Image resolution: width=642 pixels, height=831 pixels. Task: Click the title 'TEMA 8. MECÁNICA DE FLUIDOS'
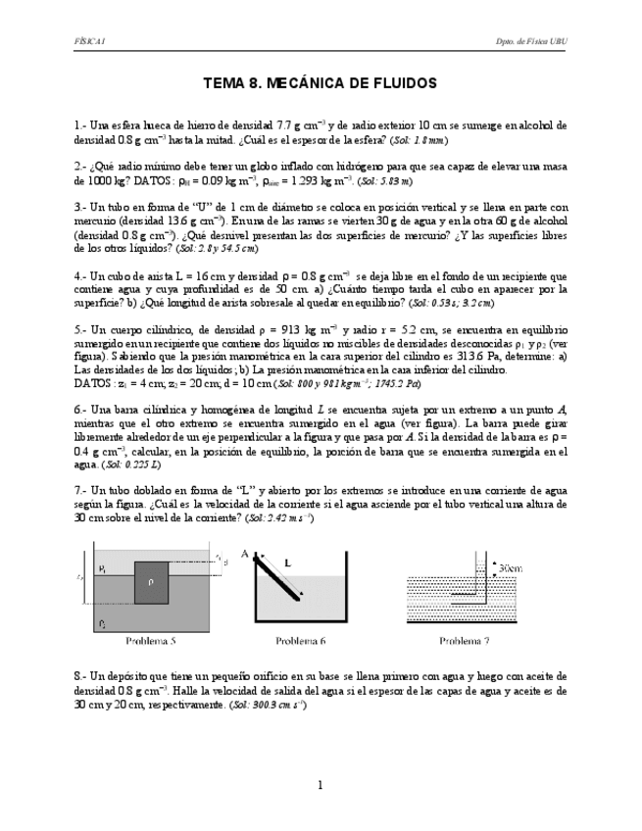click(320, 84)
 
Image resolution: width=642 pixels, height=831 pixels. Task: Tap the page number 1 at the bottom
click(321, 785)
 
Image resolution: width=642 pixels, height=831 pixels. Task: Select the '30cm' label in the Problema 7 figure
click(510, 567)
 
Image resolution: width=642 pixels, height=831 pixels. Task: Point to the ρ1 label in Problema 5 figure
click(103, 567)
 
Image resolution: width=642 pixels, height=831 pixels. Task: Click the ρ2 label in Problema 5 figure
click(103, 622)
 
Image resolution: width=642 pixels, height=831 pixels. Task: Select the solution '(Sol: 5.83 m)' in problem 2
click(384, 182)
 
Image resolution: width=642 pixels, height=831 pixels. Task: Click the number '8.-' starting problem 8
click(80, 676)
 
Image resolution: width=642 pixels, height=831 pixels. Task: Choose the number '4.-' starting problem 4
click(80, 276)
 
